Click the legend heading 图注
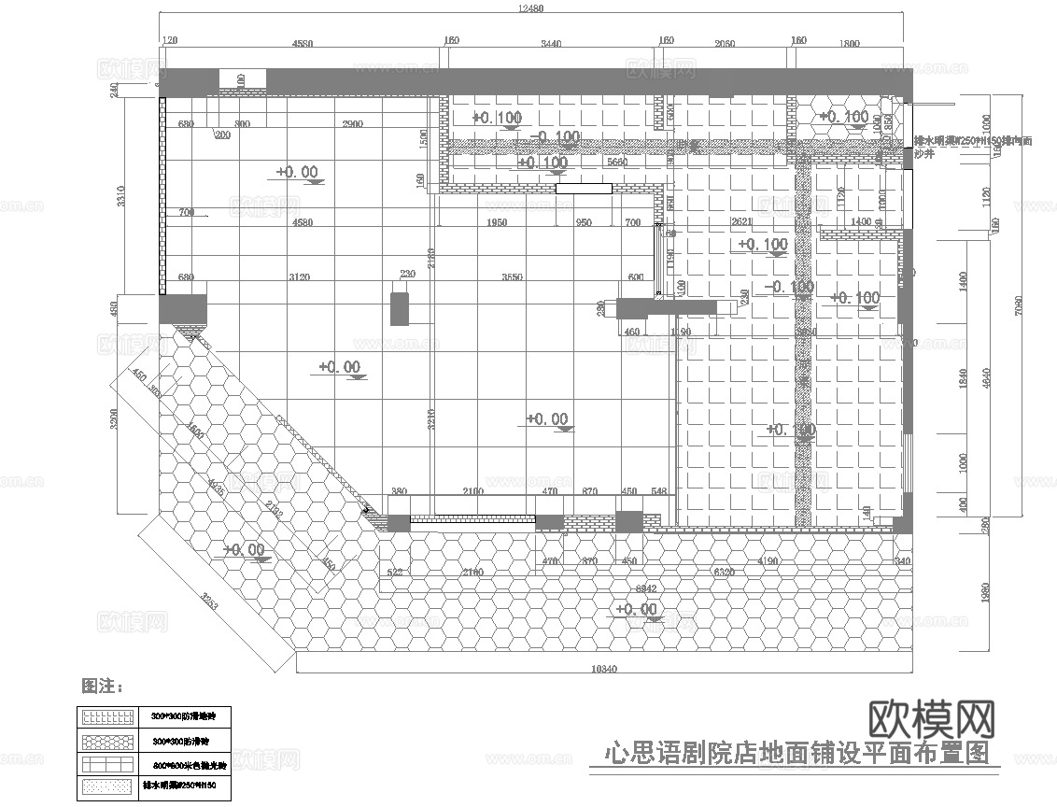pos(102,687)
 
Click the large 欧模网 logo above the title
pos(931,719)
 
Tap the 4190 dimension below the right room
pos(768,562)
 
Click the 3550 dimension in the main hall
pos(513,277)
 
